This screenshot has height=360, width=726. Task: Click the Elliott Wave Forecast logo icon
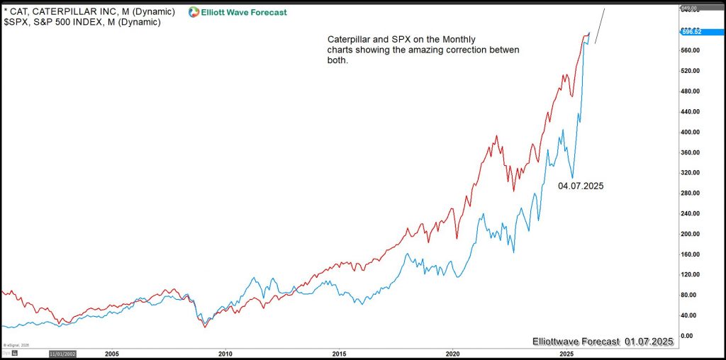(194, 12)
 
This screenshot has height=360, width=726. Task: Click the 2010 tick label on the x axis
(225, 352)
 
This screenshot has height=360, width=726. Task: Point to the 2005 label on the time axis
(111, 352)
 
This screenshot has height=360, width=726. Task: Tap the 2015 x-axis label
(339, 352)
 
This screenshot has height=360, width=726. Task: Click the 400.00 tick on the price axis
(691, 132)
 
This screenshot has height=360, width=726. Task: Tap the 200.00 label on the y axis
(691, 234)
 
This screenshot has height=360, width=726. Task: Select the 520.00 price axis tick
(691, 71)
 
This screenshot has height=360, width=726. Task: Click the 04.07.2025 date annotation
(581, 186)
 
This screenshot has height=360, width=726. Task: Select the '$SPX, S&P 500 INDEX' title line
(82, 23)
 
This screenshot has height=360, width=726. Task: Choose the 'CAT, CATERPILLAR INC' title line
(89, 11)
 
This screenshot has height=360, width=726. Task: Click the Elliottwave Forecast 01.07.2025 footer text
(602, 342)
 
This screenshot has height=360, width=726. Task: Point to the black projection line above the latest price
(600, 26)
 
